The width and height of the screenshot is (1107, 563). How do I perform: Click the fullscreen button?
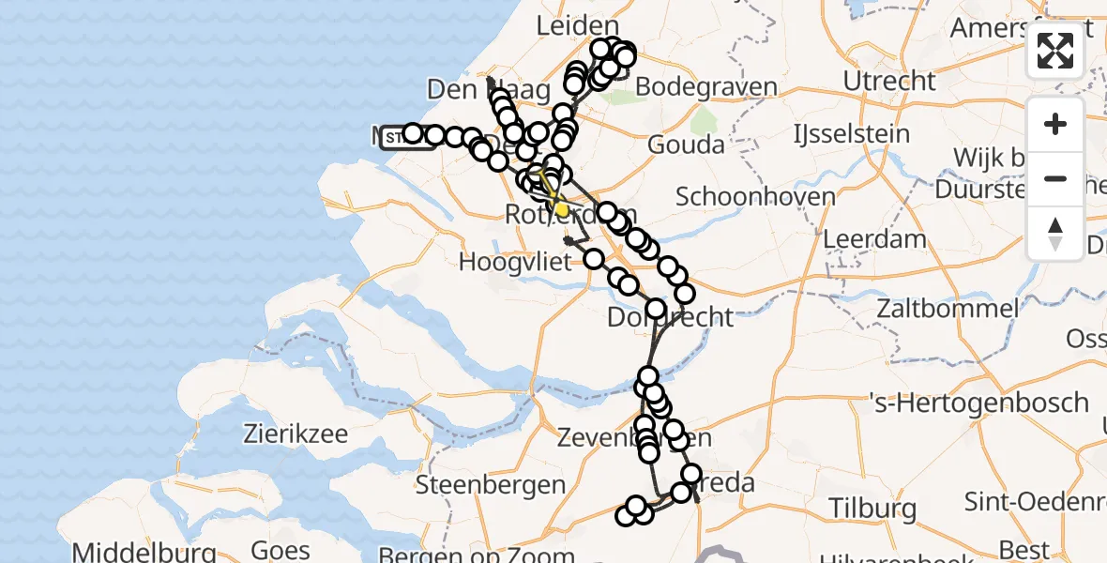click(1055, 51)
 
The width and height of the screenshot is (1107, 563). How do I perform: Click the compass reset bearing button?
click(1055, 234)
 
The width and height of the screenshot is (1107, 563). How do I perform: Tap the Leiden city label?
click(578, 26)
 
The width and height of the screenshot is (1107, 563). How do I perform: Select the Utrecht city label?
click(889, 81)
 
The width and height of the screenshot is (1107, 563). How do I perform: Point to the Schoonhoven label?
click(755, 197)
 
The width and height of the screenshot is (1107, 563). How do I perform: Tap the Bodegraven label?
click(706, 87)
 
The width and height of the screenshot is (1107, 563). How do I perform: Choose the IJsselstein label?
click(851, 134)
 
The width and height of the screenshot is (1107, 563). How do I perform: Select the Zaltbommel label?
click(948, 308)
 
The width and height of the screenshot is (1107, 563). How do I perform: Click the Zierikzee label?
click(296, 434)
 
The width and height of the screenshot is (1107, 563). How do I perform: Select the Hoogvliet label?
click(515, 262)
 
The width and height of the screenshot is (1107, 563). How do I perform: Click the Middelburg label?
click(144, 552)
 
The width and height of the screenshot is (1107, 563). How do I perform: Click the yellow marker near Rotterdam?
click(561, 209)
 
